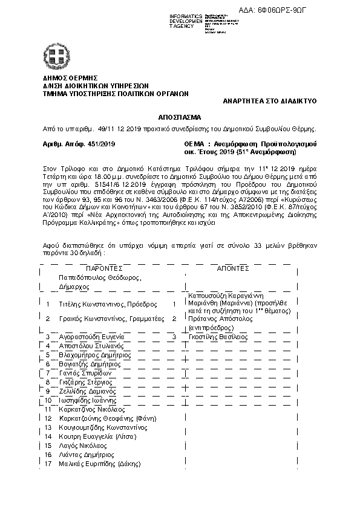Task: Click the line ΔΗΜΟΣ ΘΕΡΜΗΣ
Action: pyautogui.click(x=68, y=79)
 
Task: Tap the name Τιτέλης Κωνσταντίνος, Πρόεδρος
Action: pyautogui.click(x=108, y=304)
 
